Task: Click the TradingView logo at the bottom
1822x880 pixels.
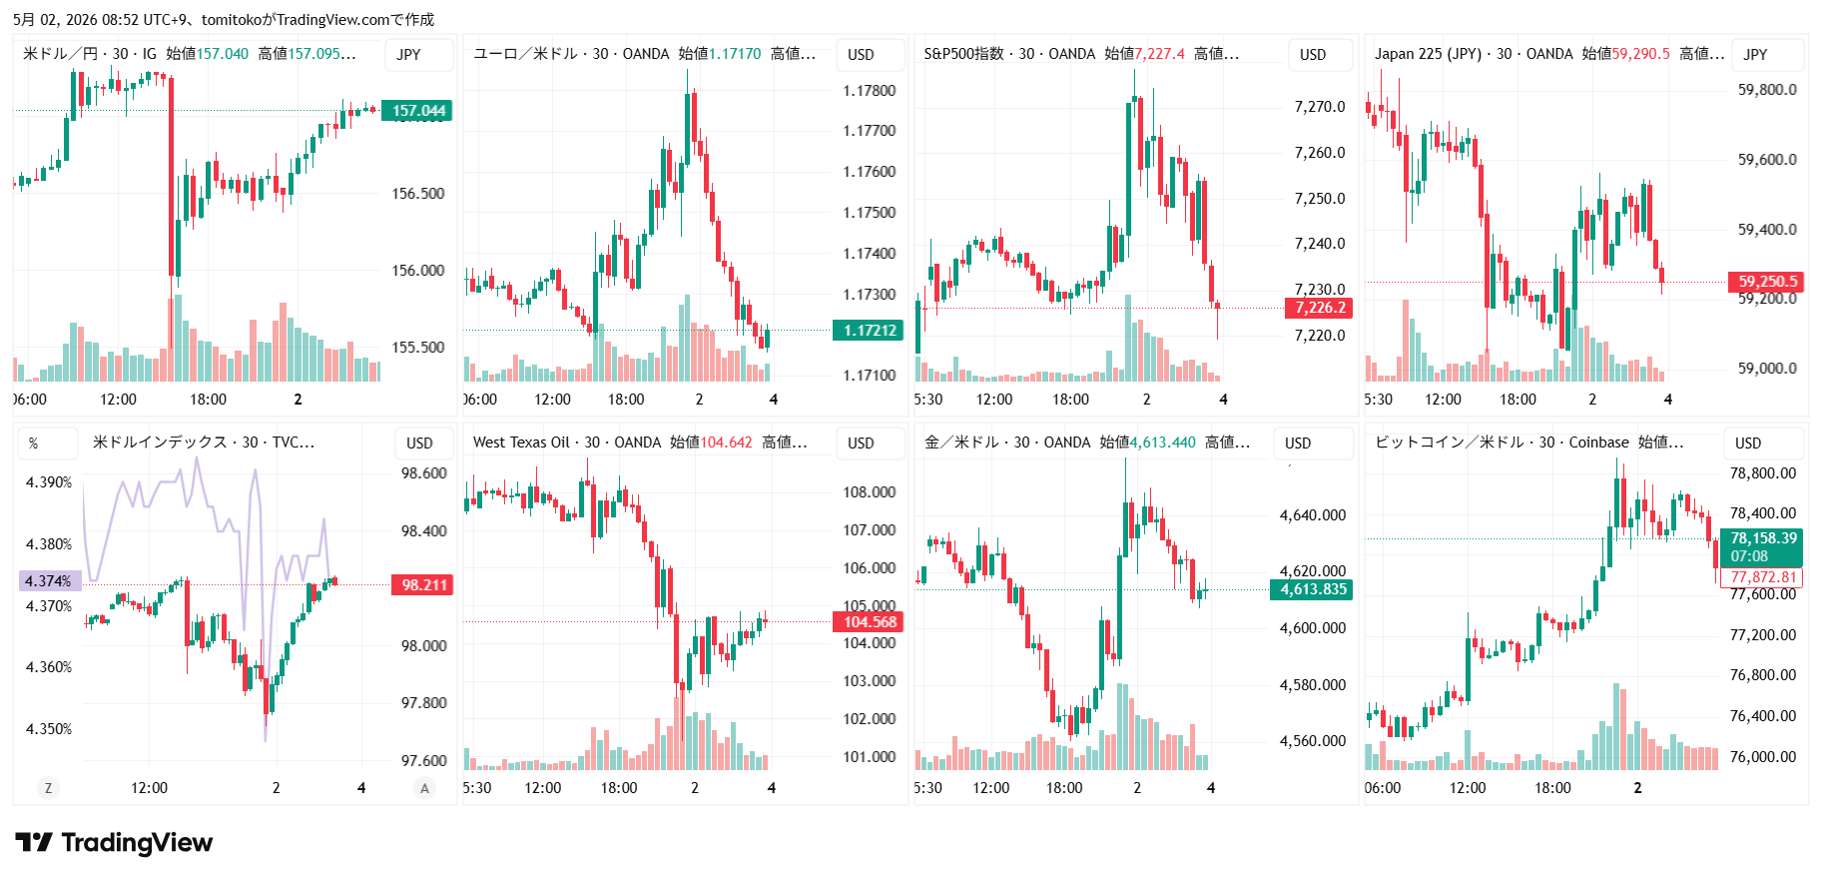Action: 114,843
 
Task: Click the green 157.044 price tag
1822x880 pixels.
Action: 418,111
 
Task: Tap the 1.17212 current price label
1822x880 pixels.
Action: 869,331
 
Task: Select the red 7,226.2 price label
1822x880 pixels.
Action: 1319,308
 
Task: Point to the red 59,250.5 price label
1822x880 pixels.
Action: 1767,282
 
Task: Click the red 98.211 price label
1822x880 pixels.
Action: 423,585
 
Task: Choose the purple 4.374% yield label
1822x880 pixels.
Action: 50,581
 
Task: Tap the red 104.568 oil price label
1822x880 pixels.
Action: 869,622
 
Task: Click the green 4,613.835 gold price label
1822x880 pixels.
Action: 1313,589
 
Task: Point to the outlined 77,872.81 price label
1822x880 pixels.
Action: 1762,577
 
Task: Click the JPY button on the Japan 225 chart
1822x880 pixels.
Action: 1755,55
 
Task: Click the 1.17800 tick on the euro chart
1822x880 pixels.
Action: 869,91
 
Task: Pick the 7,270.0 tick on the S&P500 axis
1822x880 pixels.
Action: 1320,107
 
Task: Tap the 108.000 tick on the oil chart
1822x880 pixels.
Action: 869,492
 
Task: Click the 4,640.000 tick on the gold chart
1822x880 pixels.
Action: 1313,515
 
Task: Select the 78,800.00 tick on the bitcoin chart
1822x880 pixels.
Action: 1762,473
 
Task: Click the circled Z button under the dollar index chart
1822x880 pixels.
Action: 48,788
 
